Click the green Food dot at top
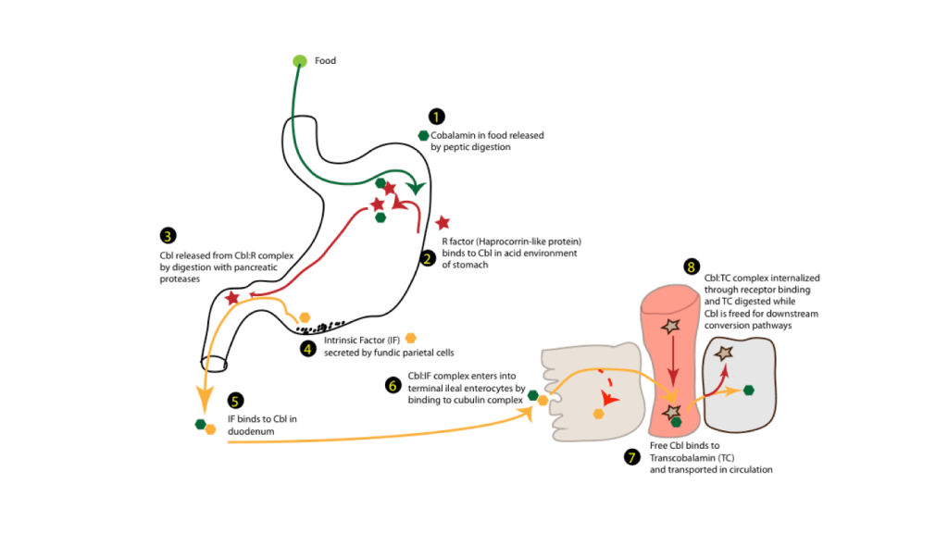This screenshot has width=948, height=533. (x=299, y=61)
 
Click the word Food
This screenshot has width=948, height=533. (x=325, y=61)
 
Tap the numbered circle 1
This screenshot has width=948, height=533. (x=436, y=117)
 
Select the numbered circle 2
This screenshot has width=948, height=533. (x=428, y=258)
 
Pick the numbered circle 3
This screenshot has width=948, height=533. (x=168, y=237)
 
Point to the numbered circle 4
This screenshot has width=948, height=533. (x=307, y=349)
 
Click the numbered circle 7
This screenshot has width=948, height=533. (x=632, y=457)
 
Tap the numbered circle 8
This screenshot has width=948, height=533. (x=691, y=266)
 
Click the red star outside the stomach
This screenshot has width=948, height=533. (x=443, y=222)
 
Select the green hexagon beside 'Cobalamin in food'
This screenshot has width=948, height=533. (x=423, y=135)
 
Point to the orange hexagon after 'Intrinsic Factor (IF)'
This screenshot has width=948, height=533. (x=411, y=338)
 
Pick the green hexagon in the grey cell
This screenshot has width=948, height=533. (x=748, y=390)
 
